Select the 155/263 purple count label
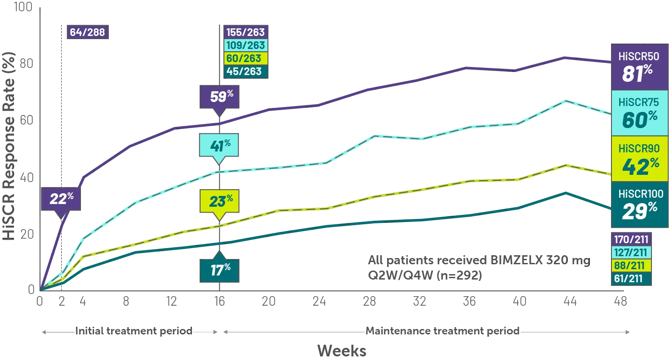pos(245,32)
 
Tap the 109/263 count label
pos(245,45)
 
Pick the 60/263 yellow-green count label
pos(245,58)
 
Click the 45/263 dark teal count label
pos(245,71)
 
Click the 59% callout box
pos(219,97)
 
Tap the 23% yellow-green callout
pos(219,201)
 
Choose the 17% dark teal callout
pos(219,271)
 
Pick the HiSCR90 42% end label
pos(638,159)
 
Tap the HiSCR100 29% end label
pos(638,205)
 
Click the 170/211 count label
pos(631,240)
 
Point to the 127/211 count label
pos(631,253)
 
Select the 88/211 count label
pos(631,266)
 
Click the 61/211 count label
pos(631,279)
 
